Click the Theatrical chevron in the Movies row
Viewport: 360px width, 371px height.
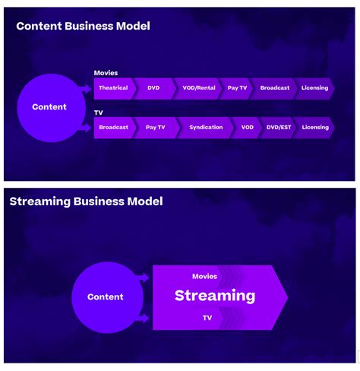114,88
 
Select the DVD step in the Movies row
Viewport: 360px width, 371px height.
154,88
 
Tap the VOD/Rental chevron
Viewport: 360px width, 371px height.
199,88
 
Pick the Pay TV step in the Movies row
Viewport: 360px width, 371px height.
237,88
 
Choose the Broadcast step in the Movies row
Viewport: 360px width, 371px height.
274,88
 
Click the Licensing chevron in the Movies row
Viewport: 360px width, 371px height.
314,88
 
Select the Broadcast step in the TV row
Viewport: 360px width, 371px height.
114,128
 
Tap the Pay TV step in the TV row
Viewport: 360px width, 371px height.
156,128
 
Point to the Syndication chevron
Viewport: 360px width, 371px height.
206,128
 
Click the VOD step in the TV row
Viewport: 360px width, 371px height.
247,128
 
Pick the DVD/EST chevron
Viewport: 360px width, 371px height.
278,128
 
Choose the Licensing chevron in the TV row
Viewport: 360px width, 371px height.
314,128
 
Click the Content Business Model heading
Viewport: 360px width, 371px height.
83,26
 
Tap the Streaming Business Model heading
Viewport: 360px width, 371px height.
86,201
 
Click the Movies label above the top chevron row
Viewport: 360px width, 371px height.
106,73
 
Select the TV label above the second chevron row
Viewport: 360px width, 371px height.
99,113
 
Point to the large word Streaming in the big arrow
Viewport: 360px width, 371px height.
215,296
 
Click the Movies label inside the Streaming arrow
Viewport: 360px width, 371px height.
204,277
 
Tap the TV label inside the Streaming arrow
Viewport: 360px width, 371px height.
207,318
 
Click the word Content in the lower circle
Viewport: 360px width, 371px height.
106,296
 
